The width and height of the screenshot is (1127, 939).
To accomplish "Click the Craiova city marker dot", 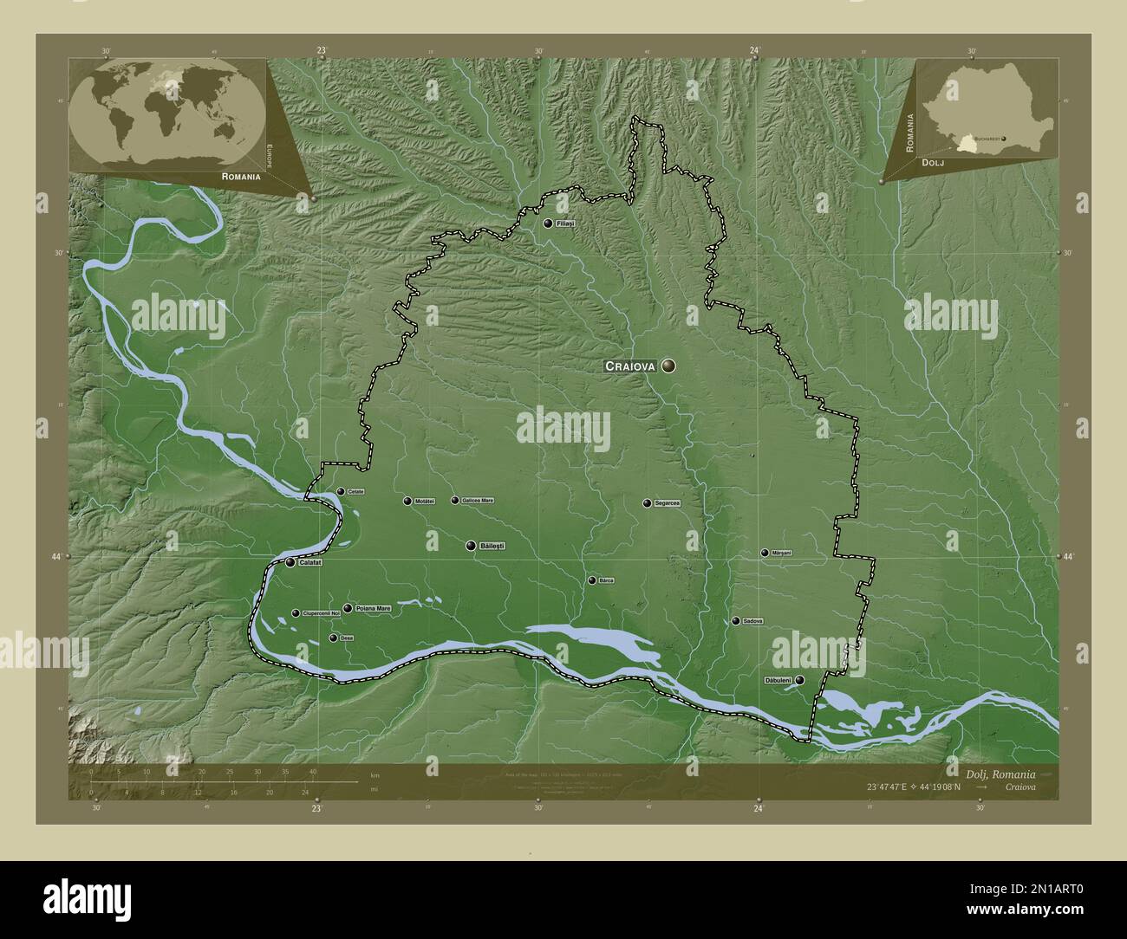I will pos(668,366).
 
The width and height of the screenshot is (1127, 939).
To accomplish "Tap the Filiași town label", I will pos(566,223).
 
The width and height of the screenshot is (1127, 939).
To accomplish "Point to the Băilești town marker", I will pos(471,546).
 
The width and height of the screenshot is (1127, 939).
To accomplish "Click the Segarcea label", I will pos(668,503).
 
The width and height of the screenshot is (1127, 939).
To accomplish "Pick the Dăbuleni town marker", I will pos(799,681).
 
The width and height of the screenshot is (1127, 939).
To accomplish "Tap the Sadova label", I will pos(752,621).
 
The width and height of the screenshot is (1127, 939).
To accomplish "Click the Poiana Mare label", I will pos(373,609).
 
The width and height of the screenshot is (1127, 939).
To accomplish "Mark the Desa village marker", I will pos(333,638).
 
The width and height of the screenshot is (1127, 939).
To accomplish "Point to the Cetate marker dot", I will pos(341,492).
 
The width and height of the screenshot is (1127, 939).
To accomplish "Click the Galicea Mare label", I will pos(478,501).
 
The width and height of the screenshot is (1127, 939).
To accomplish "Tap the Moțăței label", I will pos(424,501).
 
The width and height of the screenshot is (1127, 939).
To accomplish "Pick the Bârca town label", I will pos(606,580).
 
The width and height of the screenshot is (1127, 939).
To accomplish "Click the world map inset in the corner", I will pos(167,110).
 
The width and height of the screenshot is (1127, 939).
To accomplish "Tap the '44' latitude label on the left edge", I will pos(56,556).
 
